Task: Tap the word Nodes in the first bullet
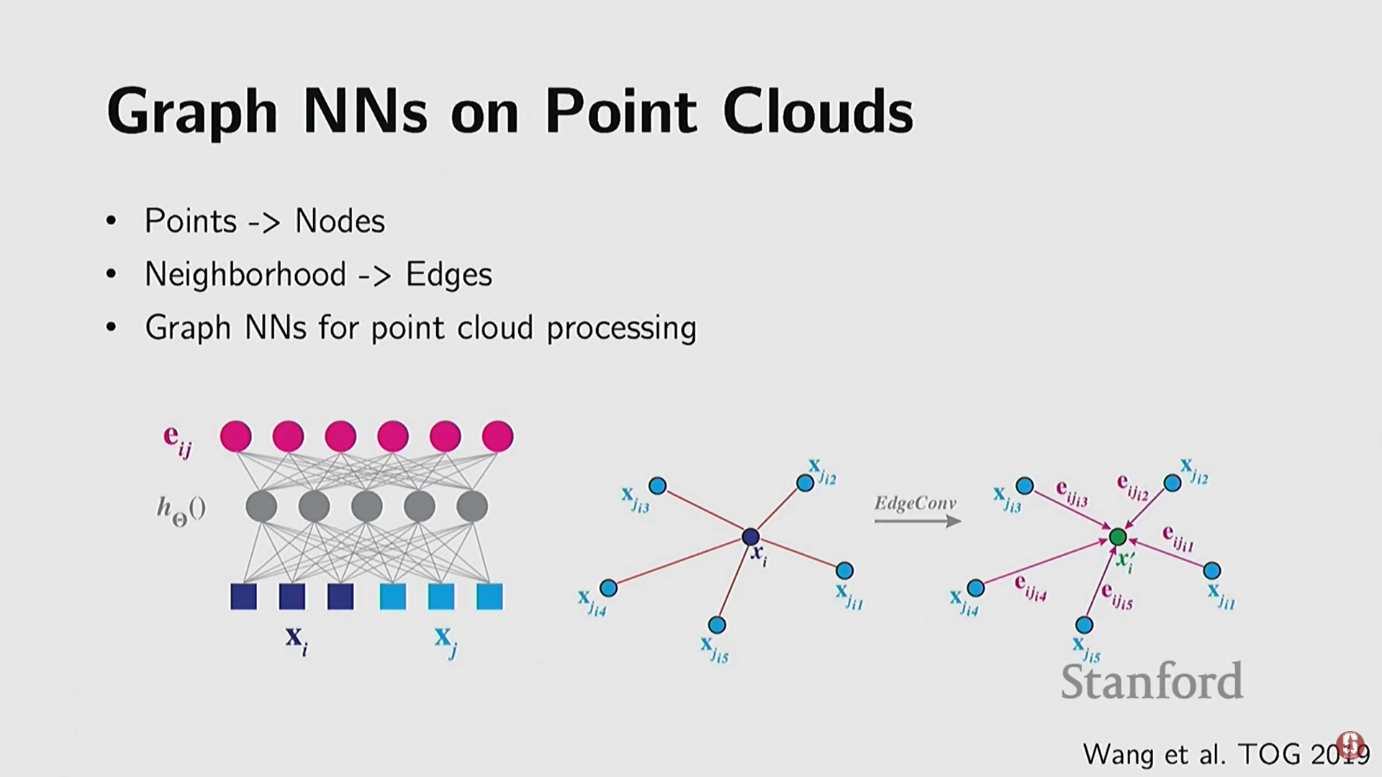(340, 221)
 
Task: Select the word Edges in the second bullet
(448, 274)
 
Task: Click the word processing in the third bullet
(621, 329)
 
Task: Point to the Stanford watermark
(1152, 681)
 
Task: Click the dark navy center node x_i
(751, 537)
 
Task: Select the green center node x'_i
(1117, 537)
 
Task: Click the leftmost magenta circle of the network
(236, 436)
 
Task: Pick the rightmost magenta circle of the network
(497, 436)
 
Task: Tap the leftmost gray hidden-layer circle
(261, 506)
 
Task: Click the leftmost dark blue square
(243, 596)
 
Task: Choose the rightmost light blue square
(489, 596)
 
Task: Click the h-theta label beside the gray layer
(181, 510)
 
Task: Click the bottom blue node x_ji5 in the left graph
(717, 624)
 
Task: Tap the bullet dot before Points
(111, 221)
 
